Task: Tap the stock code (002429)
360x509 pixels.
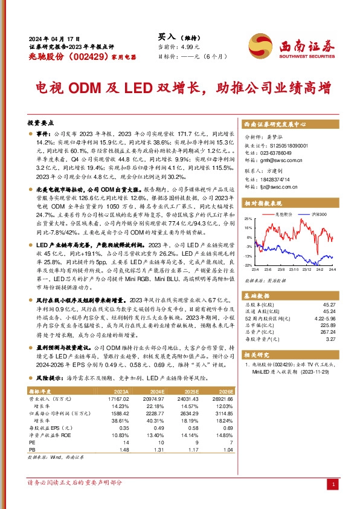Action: [75, 55]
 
